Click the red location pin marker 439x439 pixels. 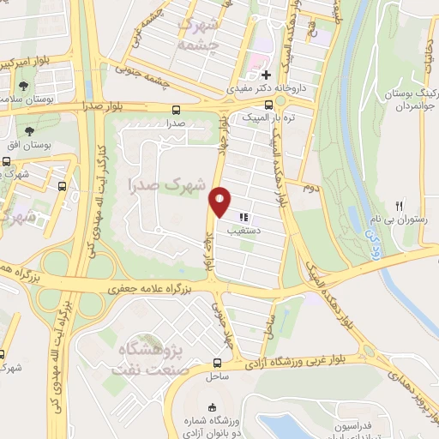[220, 201]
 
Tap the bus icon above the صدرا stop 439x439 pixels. [177, 110]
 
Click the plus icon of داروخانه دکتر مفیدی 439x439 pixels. [267, 75]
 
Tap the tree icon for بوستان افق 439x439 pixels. [29, 131]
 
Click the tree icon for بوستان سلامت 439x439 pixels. [23, 86]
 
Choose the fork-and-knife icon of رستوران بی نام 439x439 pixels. [398, 206]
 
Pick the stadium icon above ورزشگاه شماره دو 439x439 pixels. [213, 406]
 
